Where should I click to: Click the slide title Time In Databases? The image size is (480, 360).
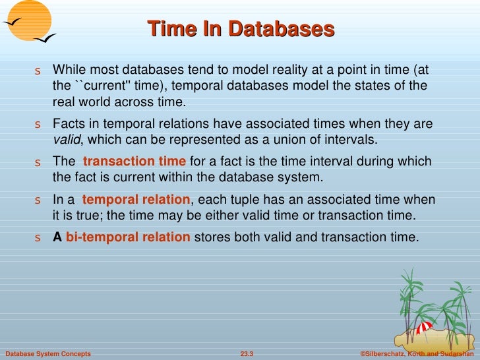tap(241, 29)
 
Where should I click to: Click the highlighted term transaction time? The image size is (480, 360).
tap(135, 162)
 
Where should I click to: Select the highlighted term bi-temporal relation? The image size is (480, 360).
tap(128, 237)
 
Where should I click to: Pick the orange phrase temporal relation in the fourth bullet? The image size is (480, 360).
tap(136, 200)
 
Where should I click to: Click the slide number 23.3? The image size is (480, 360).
tap(247, 354)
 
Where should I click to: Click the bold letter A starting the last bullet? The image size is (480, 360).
tap(57, 237)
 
